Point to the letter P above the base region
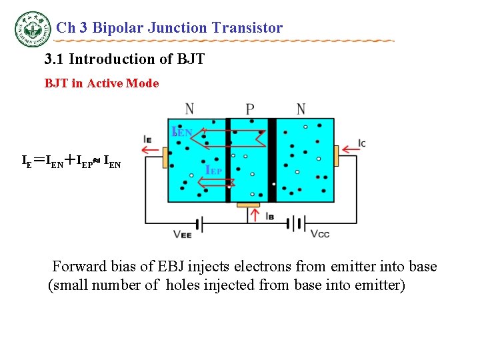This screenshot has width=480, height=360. [249, 109]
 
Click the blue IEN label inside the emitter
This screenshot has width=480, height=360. [182, 132]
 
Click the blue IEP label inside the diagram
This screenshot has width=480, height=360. [214, 170]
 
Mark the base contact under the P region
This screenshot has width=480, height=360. [249, 204]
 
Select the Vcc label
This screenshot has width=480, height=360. [319, 234]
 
